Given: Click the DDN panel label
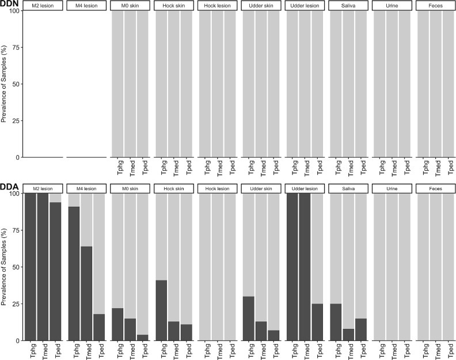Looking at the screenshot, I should [x=10, y=4].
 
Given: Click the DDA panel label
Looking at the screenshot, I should [x=10, y=187].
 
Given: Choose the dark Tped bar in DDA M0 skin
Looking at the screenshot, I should [x=143, y=338].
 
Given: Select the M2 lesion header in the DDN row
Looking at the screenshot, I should [x=43, y=6].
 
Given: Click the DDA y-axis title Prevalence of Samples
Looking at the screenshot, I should [x=5, y=267].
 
